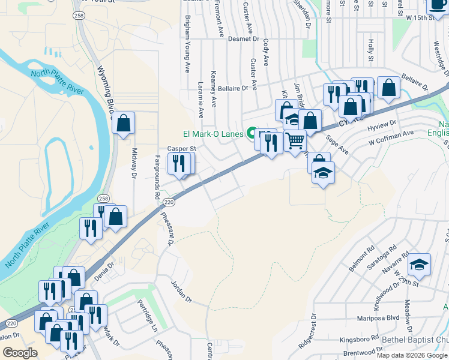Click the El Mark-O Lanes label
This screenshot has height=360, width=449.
(x=214, y=134)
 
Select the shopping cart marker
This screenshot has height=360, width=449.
(x=295, y=141)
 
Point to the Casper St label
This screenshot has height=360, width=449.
(x=181, y=148)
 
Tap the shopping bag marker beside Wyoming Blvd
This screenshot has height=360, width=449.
(x=123, y=124)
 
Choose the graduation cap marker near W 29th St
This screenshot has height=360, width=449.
(x=420, y=265)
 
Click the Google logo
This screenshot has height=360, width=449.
(x=20, y=353)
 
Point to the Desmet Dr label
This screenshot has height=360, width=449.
(x=243, y=39)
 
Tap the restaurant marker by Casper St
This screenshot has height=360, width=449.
(x=179, y=163)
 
